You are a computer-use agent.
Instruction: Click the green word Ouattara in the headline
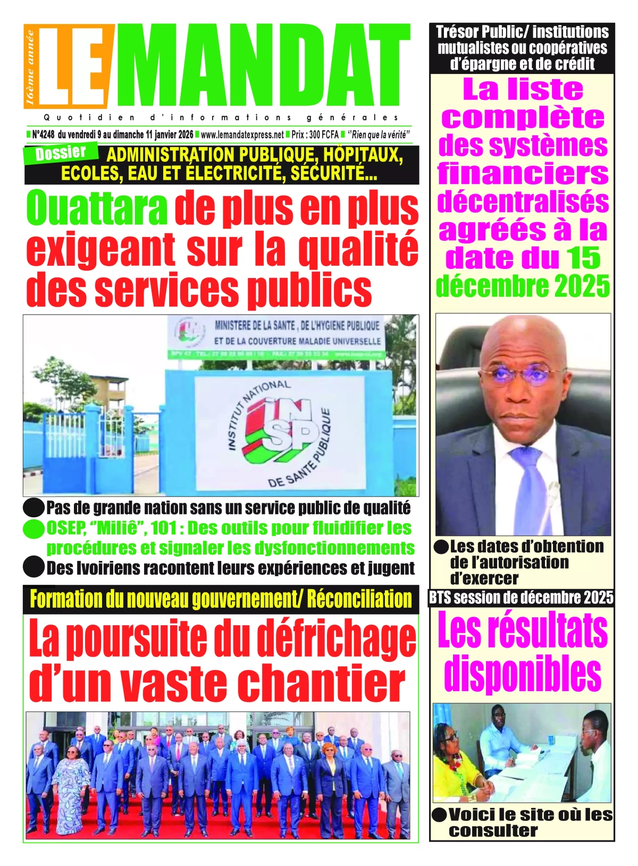pyautogui.click(x=97, y=209)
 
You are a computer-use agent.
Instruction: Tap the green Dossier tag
pyautogui.click(x=61, y=153)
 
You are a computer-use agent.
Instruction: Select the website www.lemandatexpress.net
pyautogui.click(x=242, y=135)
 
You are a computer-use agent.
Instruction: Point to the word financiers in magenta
pyautogui.click(x=523, y=174)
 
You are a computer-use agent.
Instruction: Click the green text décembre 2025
pyautogui.click(x=523, y=287)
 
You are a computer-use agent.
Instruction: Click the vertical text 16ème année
pyautogui.click(x=30, y=66)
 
